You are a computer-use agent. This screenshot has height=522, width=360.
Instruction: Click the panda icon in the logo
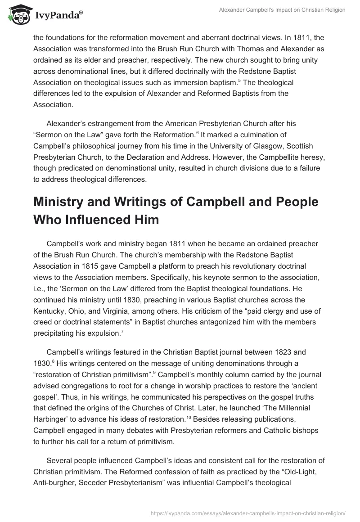pyautogui.click(x=18, y=15)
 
